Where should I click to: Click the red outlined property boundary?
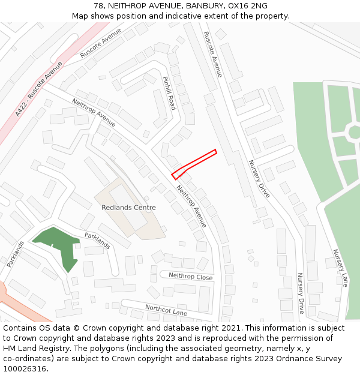194,164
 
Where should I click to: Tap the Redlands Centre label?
128,208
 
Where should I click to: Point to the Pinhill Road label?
169,93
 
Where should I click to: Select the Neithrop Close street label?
191,277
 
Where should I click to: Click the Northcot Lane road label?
166,310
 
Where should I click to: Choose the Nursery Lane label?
340,268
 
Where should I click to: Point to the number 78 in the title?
98,6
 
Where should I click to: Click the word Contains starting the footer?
21,328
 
